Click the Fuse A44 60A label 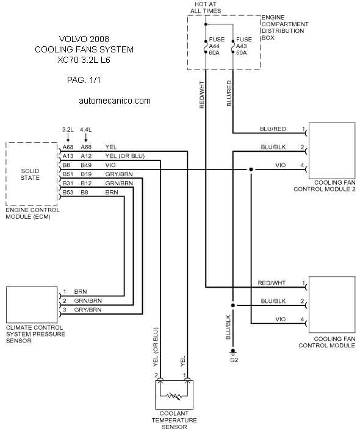click(x=217, y=46)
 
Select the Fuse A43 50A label click(x=244, y=46)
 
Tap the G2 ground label click(x=234, y=360)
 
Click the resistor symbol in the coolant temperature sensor click(x=175, y=396)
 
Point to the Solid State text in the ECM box click(x=30, y=174)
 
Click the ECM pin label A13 click(x=68, y=156)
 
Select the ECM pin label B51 click(x=68, y=174)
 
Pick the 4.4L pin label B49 click(x=86, y=165)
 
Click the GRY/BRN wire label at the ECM click(x=119, y=174)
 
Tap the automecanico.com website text click(x=115, y=101)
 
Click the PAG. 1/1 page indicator click(x=84, y=80)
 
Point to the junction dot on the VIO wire click(x=251, y=169)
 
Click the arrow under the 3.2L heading click(x=68, y=137)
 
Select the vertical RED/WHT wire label click(x=202, y=94)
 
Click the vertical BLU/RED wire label click(x=229, y=93)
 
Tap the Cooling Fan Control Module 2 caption click(x=325, y=186)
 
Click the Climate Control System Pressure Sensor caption click(x=35, y=334)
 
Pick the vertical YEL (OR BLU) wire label click(x=156, y=347)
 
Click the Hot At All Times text click(x=206, y=7)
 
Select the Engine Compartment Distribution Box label click(x=285, y=27)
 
